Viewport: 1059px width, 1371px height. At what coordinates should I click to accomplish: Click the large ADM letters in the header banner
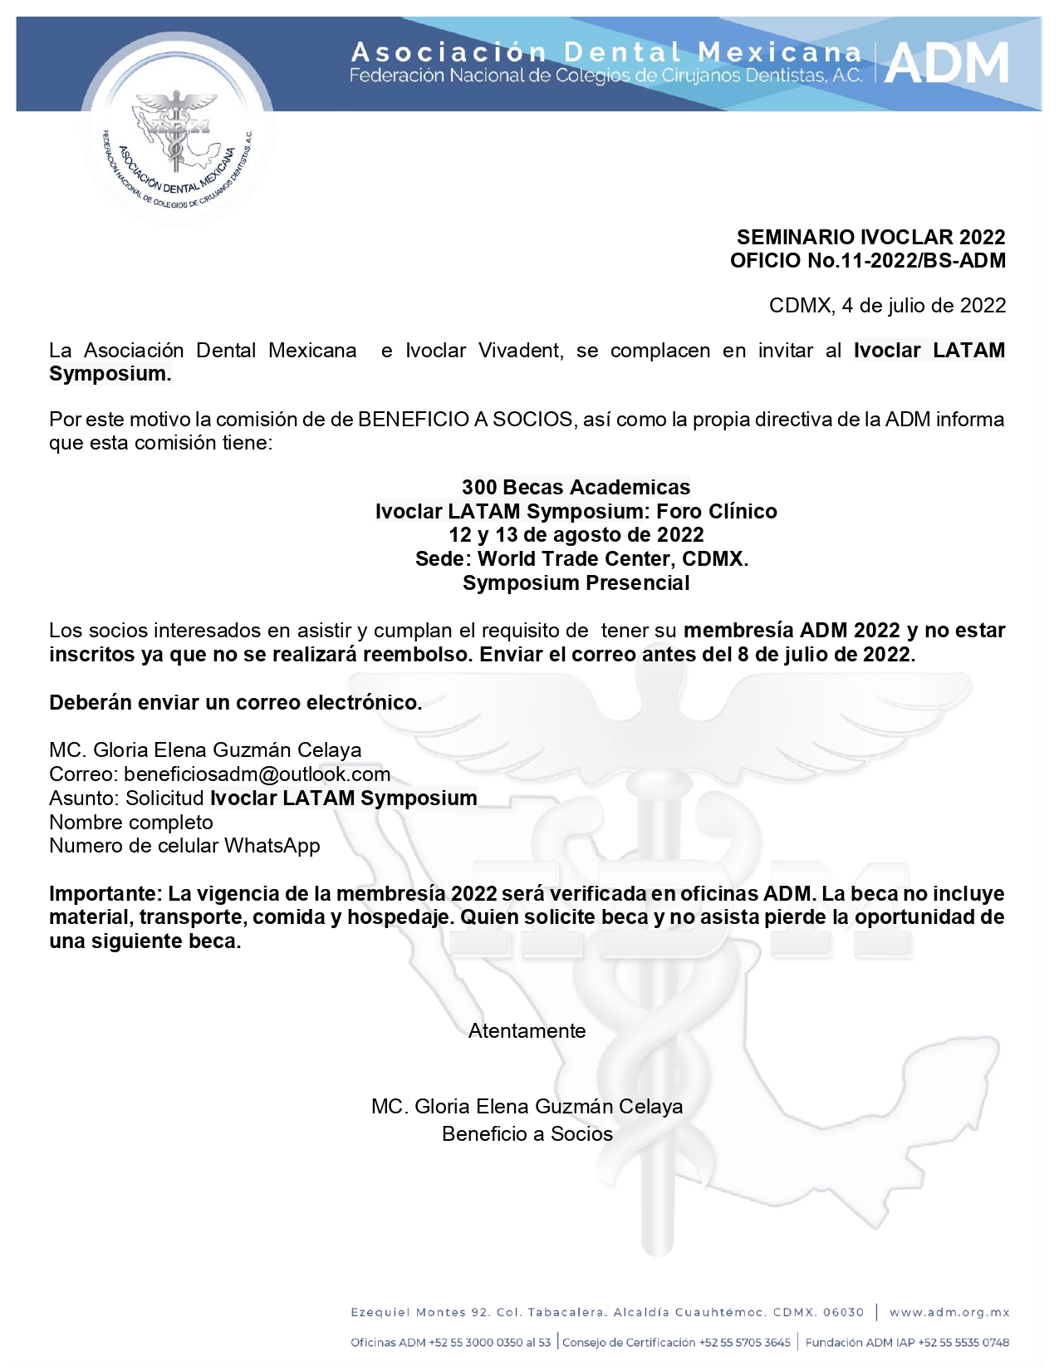[x=947, y=64]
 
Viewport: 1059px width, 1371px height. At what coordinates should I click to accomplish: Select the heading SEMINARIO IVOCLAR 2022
[x=870, y=238]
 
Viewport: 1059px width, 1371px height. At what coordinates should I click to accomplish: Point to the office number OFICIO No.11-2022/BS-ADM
[x=867, y=261]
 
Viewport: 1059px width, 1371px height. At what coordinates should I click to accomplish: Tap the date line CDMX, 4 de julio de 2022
[x=886, y=306]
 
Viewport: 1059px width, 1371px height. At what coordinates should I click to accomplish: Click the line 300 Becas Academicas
[x=576, y=488]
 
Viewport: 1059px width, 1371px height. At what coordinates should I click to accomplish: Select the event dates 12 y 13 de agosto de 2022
[x=576, y=535]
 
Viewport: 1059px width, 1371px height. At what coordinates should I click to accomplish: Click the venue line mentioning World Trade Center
[x=581, y=559]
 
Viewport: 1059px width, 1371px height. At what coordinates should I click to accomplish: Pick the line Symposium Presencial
[x=576, y=583]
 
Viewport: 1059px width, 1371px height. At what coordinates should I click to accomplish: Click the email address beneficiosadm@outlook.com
[x=257, y=774]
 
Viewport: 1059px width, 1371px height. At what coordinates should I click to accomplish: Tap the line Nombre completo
[x=131, y=823]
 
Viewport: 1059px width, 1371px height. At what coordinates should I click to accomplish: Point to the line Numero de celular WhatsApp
[x=184, y=846]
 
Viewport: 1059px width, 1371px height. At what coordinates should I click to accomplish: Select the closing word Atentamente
[x=527, y=1031]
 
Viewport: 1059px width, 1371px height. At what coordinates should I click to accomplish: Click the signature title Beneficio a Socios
[x=527, y=1134]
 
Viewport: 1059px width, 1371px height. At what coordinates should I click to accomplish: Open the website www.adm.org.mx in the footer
[x=949, y=1313]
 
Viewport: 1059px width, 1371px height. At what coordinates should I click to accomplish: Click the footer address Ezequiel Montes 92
[x=420, y=1313]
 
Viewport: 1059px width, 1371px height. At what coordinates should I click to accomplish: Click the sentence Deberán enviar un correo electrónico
[x=235, y=703]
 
